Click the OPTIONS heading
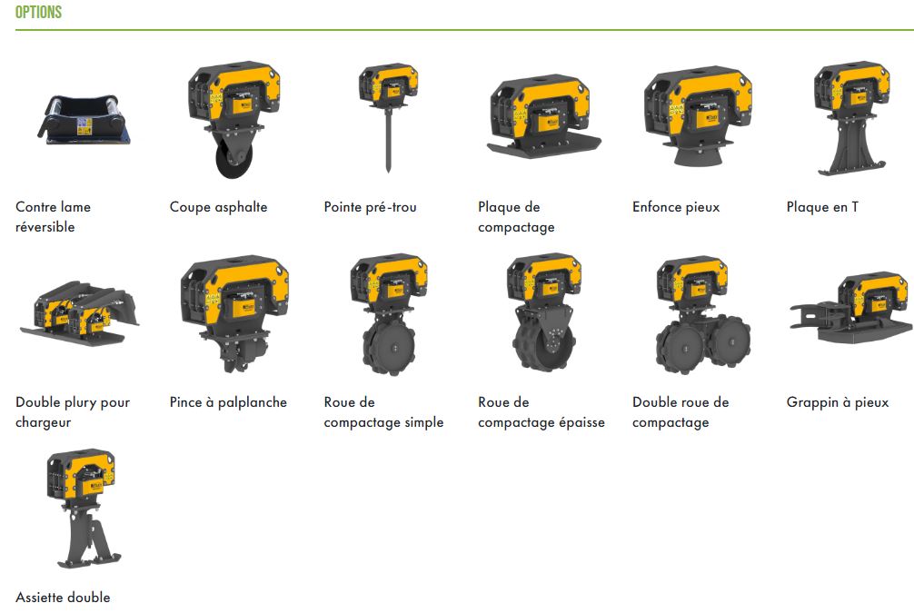(38, 13)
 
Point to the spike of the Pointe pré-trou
(389, 145)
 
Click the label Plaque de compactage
(516, 217)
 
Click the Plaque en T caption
(821, 207)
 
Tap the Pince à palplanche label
(228, 402)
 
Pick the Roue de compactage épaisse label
(541, 412)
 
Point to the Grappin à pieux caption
(837, 402)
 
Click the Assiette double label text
(63, 598)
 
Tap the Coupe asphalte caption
(218, 207)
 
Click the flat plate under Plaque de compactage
(543, 145)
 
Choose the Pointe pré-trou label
(370, 207)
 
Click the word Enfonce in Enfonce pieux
(657, 207)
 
